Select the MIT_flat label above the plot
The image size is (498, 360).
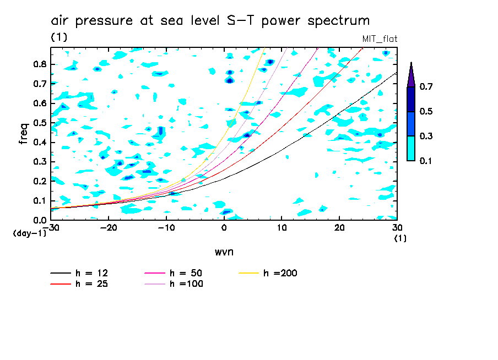pos(379,39)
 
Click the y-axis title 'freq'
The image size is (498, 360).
pos(24,133)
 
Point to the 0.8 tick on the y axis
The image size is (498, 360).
pos(39,64)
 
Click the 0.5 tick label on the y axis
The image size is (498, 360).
pos(39,123)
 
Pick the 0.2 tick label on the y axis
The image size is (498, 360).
pos(39,181)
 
